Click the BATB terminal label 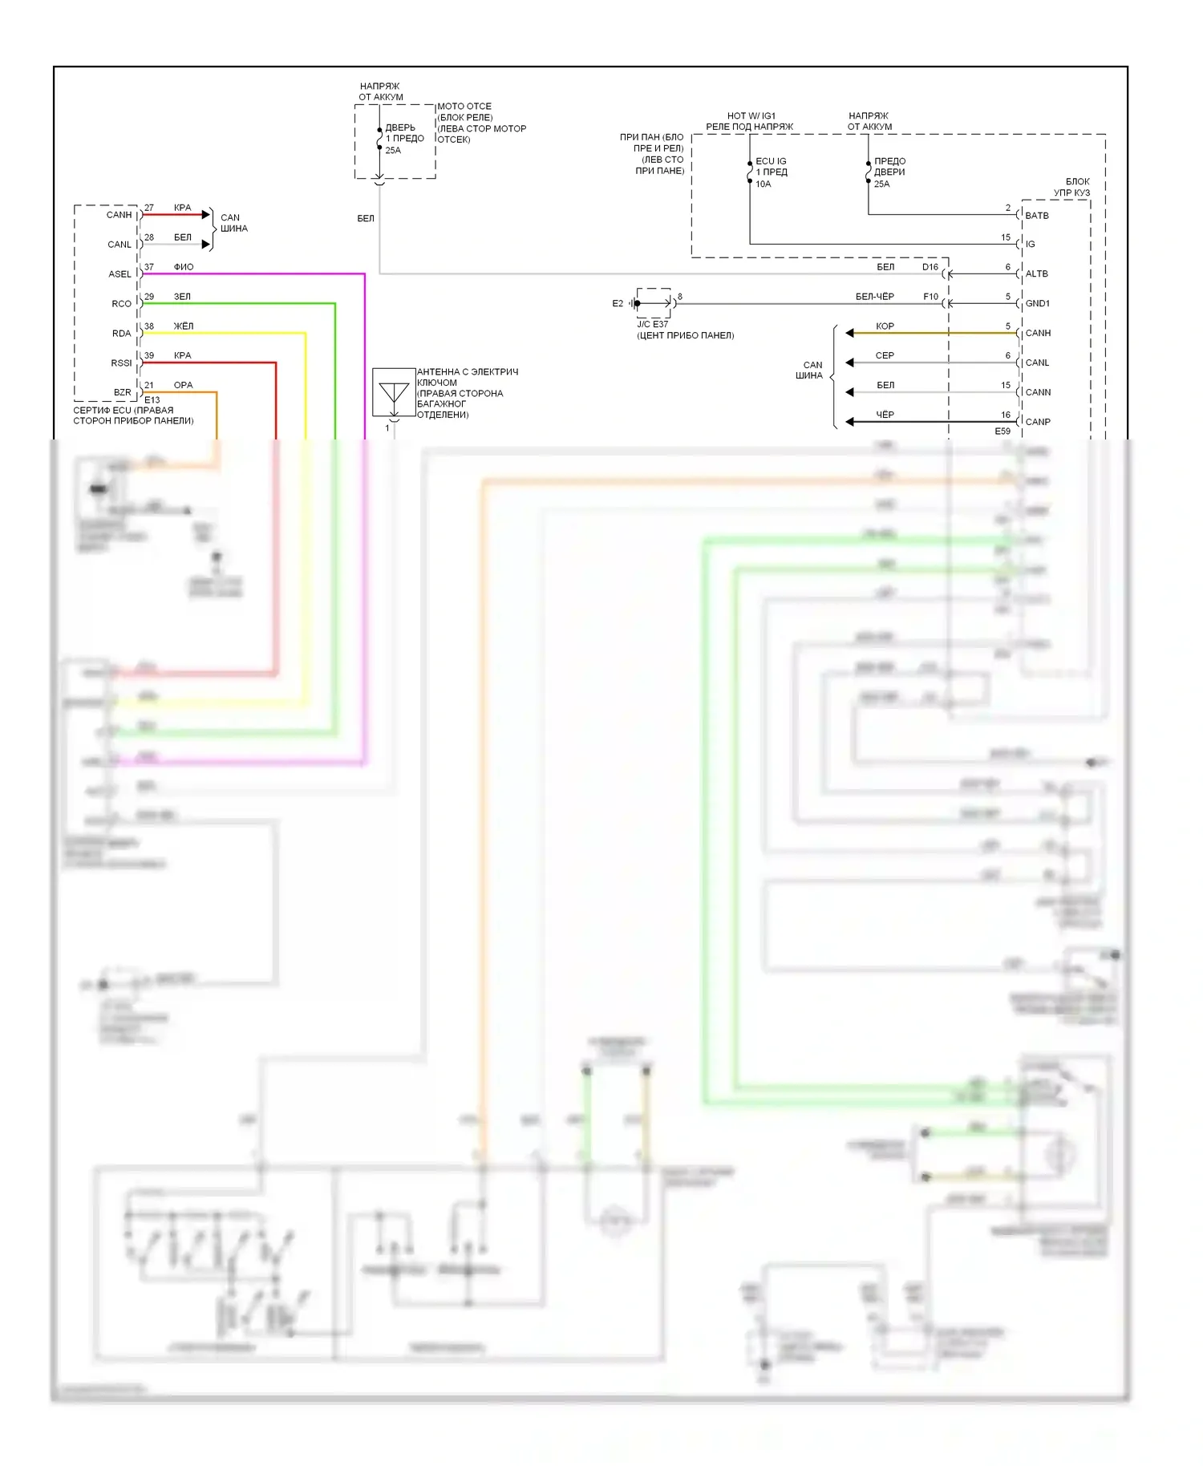pos(1036,216)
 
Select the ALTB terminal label pos(1036,274)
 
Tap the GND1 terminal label pos(1037,304)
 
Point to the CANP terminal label pos(1037,422)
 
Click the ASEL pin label pos(119,274)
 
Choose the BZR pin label pos(122,393)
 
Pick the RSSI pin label pos(121,363)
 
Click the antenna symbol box pos(394,392)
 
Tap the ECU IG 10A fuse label pos(771,172)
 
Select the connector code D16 pos(930,267)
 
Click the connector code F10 pos(930,297)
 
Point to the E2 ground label pos(618,304)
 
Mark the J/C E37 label pos(652,324)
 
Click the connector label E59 pos(1003,431)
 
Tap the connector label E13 pos(152,399)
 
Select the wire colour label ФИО pos(183,267)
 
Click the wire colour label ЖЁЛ pos(183,326)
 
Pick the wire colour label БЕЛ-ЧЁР pos(874,297)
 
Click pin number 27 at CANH pos(149,208)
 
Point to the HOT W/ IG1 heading pos(751,116)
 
